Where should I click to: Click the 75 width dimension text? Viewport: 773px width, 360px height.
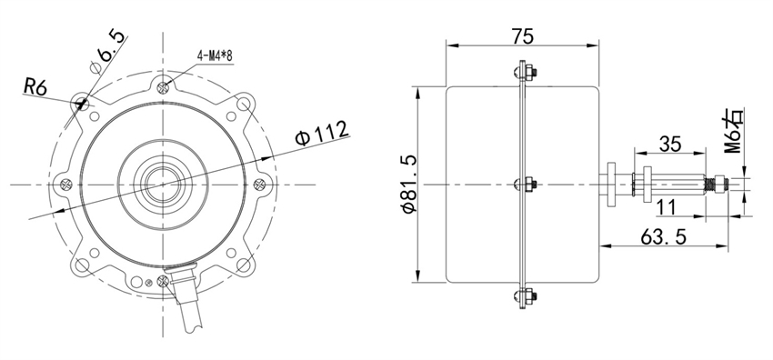[521, 35]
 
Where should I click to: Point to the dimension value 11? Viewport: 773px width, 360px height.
[666, 207]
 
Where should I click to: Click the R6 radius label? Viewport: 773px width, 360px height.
[35, 87]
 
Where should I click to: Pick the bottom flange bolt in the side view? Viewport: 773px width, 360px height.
[523, 295]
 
